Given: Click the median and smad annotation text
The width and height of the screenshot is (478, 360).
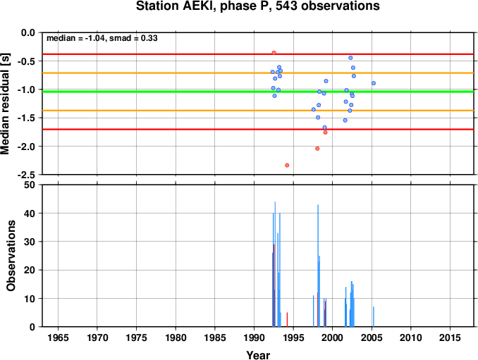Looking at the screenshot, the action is (x=102, y=38).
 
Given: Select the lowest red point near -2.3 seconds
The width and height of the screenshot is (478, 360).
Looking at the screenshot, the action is (x=287, y=166).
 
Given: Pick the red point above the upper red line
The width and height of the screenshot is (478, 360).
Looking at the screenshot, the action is (x=274, y=53).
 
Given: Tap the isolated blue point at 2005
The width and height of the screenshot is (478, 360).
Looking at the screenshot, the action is (x=374, y=83).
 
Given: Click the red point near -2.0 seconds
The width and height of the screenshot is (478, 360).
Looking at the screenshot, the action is (x=317, y=149).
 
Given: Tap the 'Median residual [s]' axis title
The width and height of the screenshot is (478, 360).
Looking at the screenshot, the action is (x=6, y=104).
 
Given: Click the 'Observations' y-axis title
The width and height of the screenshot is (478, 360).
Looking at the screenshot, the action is (x=11, y=256).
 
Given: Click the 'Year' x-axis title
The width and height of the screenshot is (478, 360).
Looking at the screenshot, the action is (x=258, y=355).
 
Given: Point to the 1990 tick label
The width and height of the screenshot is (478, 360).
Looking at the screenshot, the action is (x=255, y=337).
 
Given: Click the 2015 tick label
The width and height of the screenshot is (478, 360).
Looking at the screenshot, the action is (x=450, y=337).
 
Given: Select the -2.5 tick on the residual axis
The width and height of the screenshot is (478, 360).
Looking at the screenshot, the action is (x=28, y=175).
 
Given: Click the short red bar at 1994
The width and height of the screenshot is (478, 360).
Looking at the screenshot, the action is (x=287, y=320).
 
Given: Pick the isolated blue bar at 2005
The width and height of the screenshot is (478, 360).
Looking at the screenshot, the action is (x=374, y=317).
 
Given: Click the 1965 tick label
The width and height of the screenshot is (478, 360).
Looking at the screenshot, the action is (x=58, y=337).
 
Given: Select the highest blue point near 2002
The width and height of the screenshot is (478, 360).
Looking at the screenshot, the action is (x=350, y=58).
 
